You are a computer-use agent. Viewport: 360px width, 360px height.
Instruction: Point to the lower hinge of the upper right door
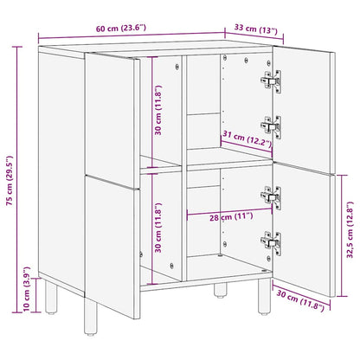coord(271,126)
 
